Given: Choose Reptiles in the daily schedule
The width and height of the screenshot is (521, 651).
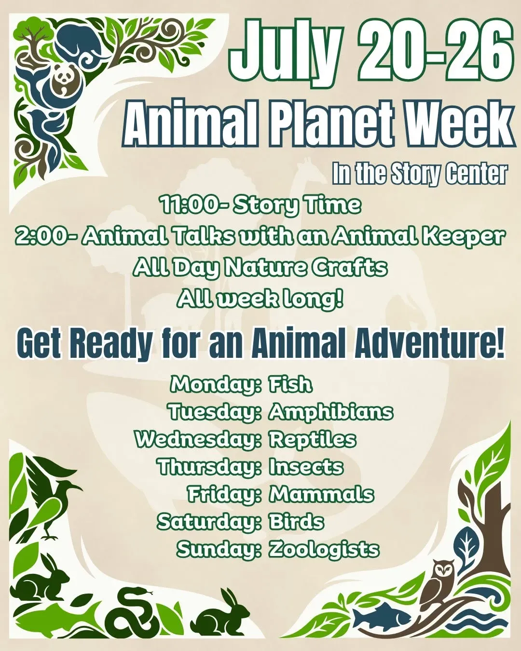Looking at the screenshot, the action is pyautogui.click(x=312, y=440).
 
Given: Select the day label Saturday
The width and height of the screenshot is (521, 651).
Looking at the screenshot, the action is pyautogui.click(x=209, y=523).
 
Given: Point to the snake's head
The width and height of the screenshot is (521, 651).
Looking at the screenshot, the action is pyautogui.click(x=140, y=591).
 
